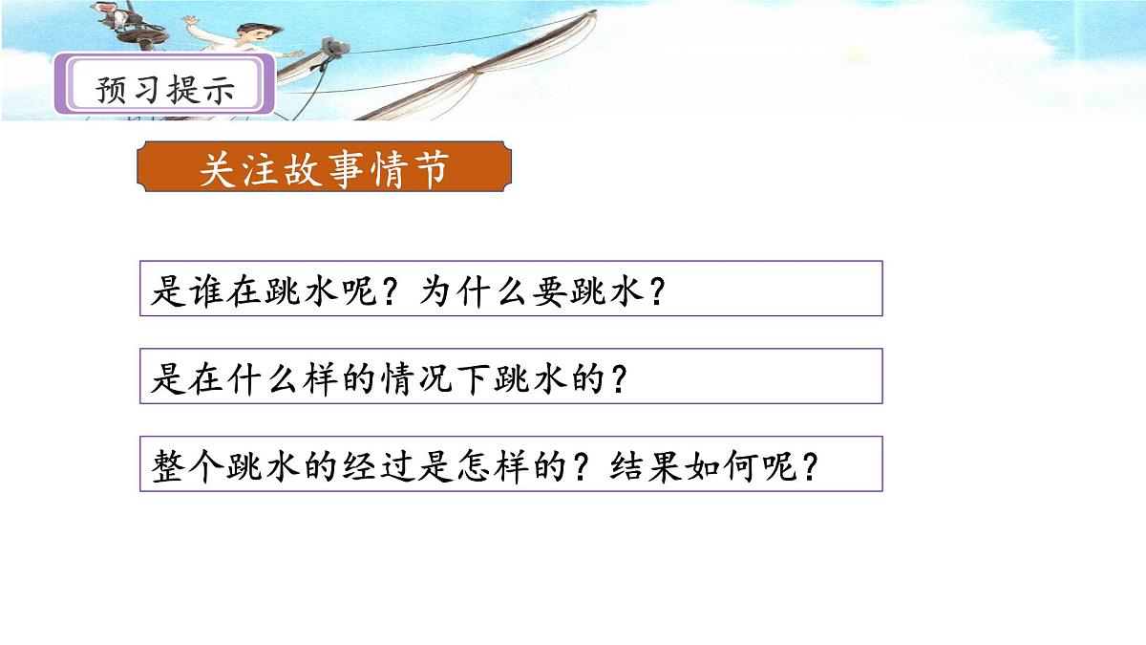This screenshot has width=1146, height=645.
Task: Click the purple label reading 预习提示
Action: pos(165,88)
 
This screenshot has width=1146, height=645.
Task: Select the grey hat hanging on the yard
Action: pos(335,47)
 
